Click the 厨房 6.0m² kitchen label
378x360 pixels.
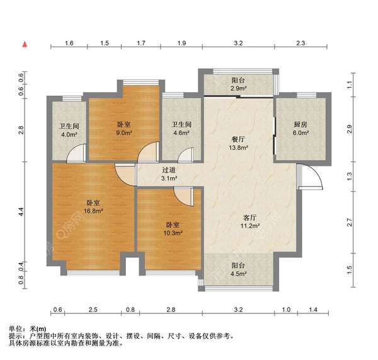coord(301,129)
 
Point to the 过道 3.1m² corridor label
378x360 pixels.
coord(169,174)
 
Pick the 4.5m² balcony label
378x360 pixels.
coord(238,270)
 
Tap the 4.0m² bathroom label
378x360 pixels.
coord(69,129)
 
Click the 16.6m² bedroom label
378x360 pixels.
coord(93,207)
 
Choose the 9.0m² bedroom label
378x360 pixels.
coord(123,129)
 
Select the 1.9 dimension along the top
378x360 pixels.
coord(181,44)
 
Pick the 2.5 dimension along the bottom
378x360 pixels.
coord(93,310)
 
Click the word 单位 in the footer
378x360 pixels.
coord(16,329)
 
